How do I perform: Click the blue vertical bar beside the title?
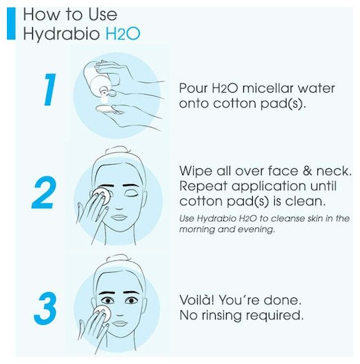pos(11,23)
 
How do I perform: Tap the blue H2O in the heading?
pos(123,34)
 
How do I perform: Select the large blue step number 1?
pos(50,89)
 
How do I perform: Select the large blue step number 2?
pos(44,192)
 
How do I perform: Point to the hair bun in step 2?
pos(117,150)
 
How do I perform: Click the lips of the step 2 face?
pos(119,218)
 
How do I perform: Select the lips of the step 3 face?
pos(120,323)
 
